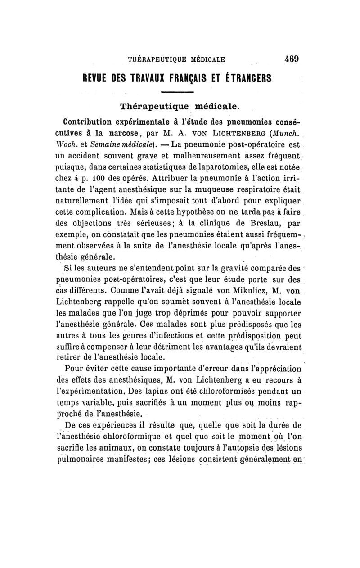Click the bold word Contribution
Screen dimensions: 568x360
tap(90, 122)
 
